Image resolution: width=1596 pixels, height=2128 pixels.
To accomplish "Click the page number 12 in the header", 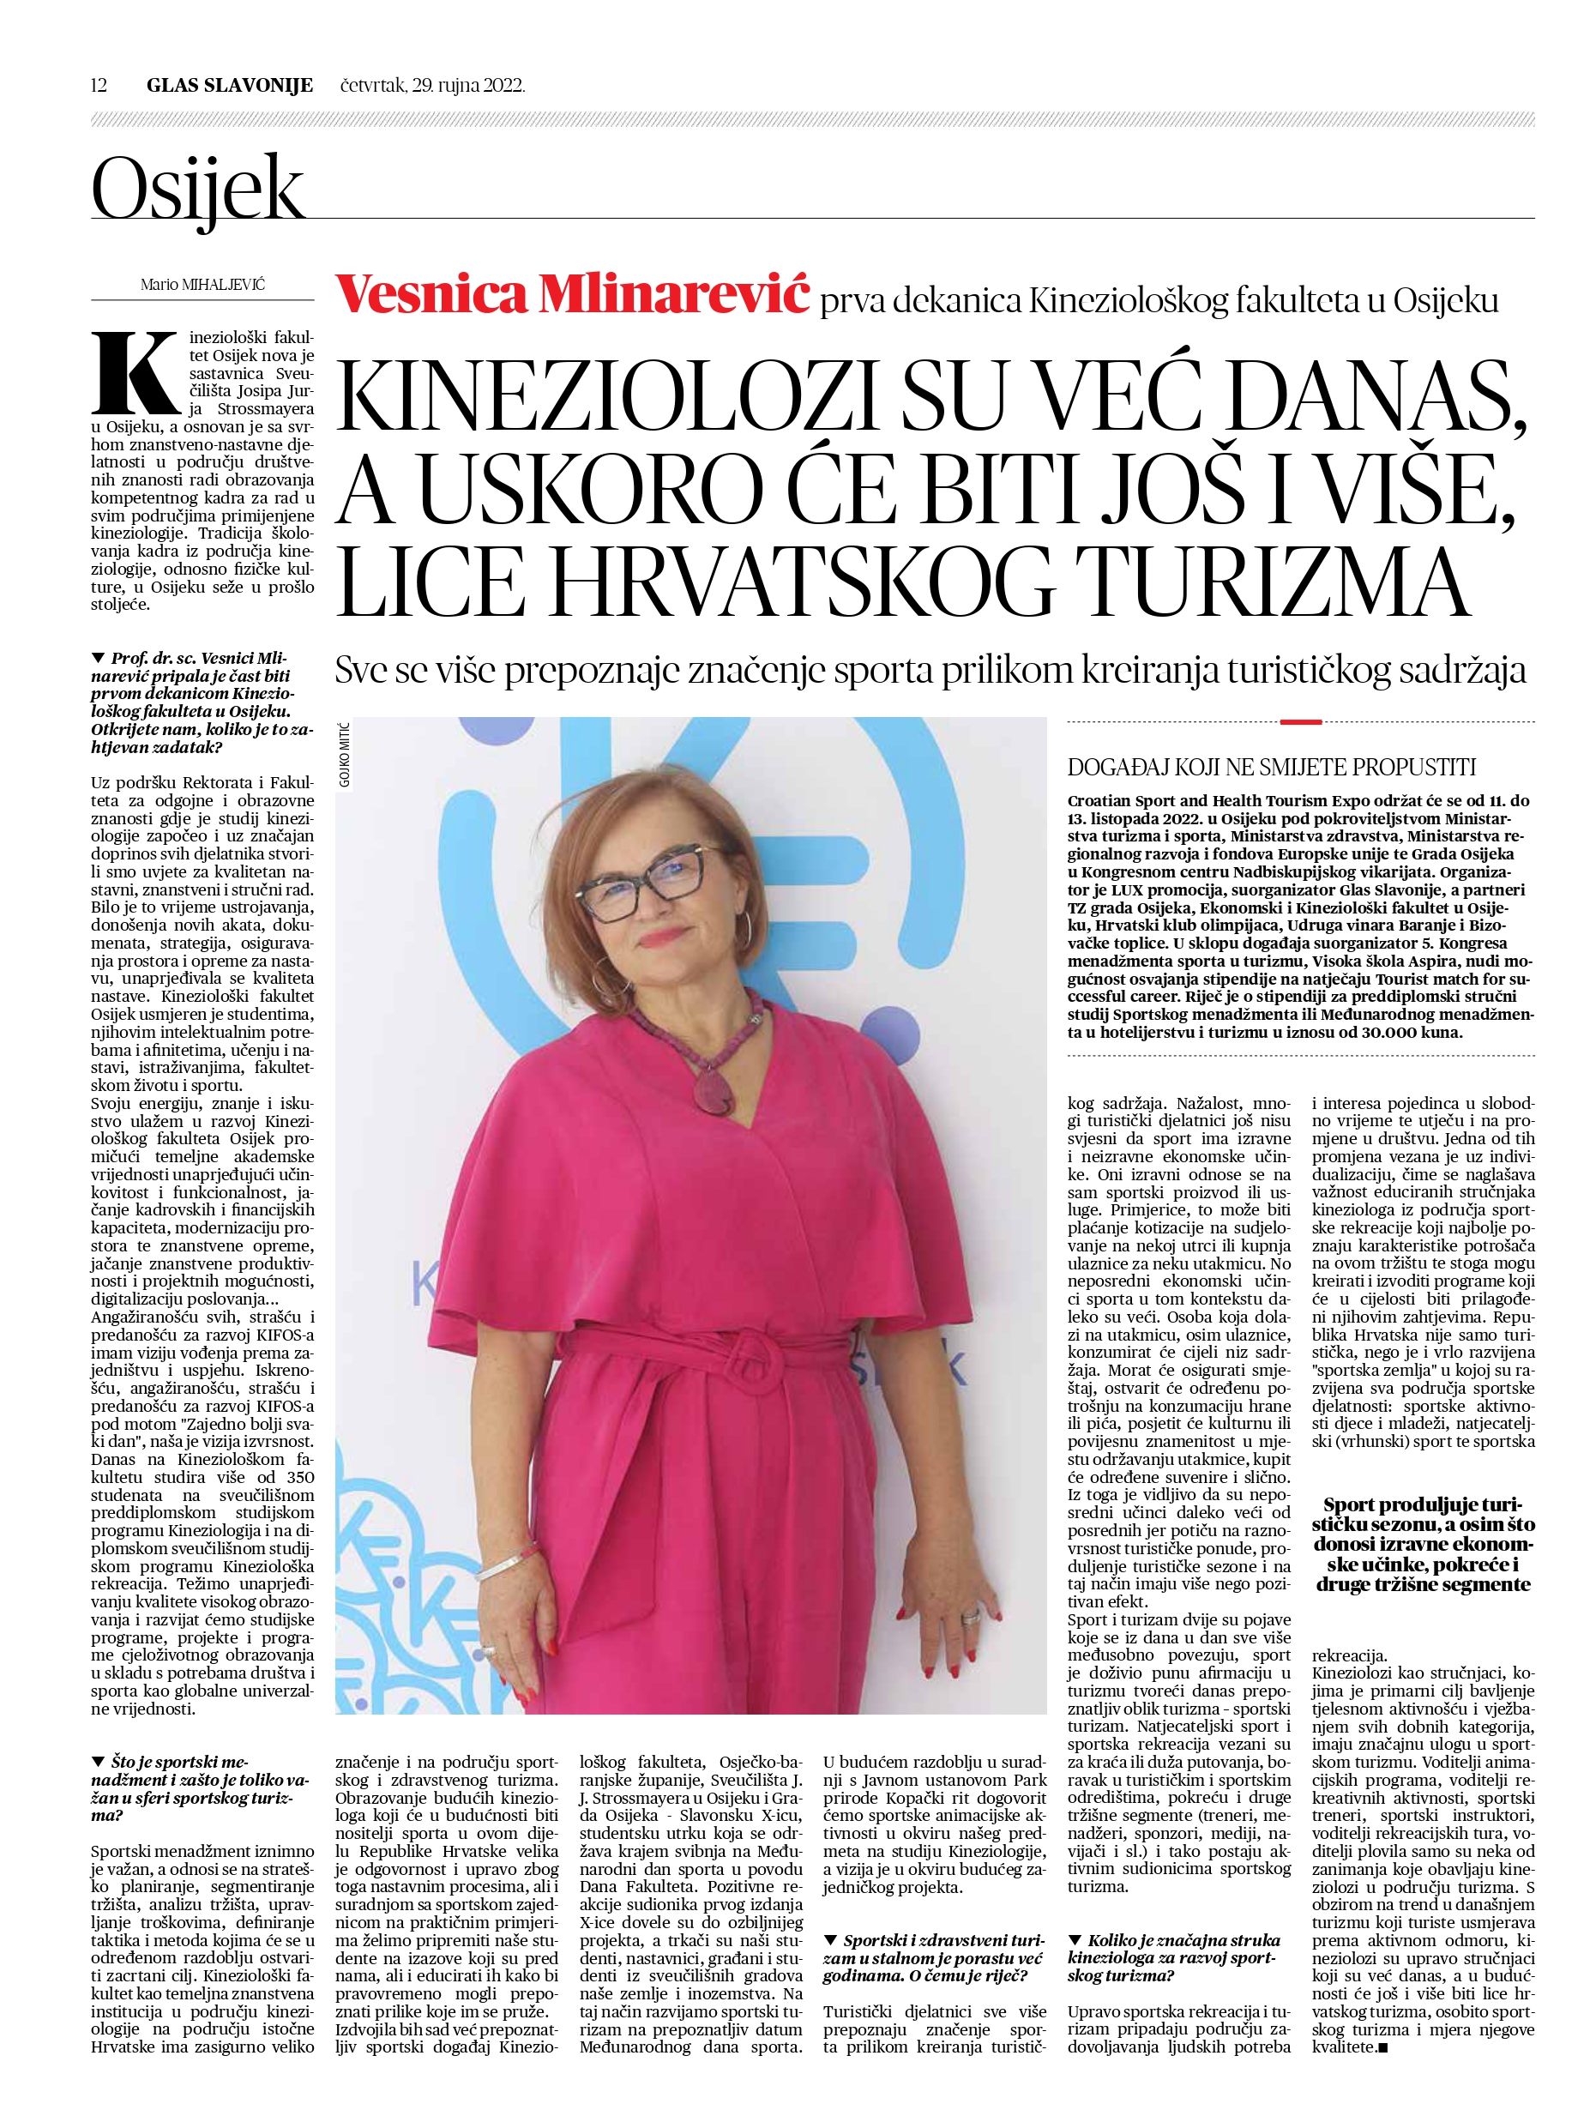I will coord(99,86).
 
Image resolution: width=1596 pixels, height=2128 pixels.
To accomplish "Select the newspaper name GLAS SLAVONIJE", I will coord(230,86).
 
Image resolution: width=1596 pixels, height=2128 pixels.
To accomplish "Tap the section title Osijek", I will coord(198,189).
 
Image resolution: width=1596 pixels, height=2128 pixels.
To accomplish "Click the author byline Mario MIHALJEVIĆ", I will coord(202,285).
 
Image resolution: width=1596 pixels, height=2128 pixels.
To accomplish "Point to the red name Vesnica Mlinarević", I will coord(572,294).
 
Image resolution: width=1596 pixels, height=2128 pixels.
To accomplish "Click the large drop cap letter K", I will coord(135,373).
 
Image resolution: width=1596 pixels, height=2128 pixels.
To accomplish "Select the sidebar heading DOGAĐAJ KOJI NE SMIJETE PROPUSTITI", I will coord(1272,768).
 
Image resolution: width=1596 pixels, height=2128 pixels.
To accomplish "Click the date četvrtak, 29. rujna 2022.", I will coord(433,86).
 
